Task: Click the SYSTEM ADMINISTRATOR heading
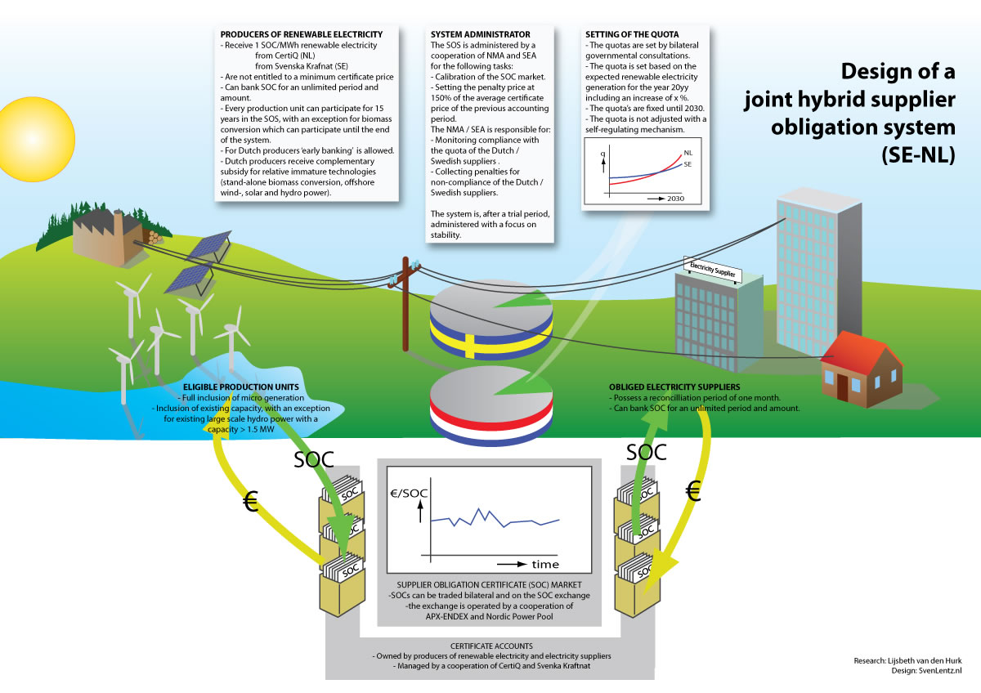pyautogui.click(x=470, y=35)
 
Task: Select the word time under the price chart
pyautogui.click(x=545, y=565)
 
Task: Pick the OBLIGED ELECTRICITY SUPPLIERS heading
pyautogui.click(x=674, y=387)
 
